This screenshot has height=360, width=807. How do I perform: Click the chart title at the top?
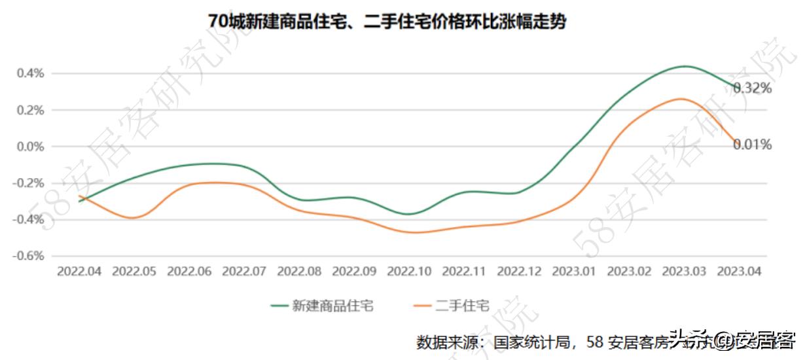coord(387,22)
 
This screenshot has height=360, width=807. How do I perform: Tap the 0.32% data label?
coord(752,88)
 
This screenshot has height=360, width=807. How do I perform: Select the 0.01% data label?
coord(752,145)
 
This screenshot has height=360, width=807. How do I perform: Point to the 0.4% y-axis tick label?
coord(30,73)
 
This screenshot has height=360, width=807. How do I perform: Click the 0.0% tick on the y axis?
coord(30,147)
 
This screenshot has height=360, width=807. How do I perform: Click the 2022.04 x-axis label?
coord(79,272)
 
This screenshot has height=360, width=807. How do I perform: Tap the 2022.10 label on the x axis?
coord(410,272)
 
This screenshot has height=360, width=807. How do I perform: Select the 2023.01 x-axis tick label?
coord(575,272)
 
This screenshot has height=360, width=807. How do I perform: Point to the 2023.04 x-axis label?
coord(740,272)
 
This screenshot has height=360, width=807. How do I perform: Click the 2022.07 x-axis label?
coord(244,272)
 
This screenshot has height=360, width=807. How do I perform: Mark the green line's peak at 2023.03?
coord(685,66)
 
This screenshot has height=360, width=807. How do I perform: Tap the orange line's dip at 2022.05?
coord(134,217)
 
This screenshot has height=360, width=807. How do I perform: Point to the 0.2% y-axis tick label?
coord(30,110)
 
